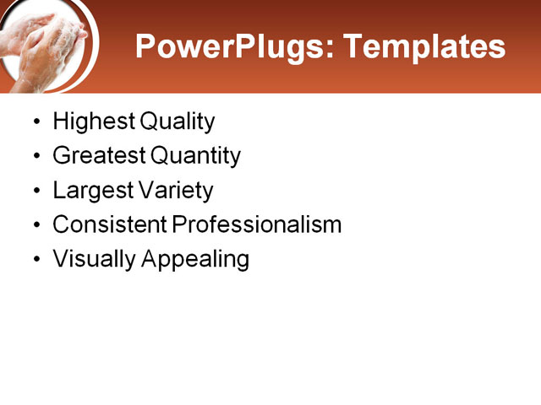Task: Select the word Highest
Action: tap(93, 122)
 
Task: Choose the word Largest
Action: tap(92, 191)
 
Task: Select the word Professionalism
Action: tap(257, 224)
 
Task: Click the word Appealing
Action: tap(195, 259)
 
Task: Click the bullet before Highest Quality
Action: tap(35, 123)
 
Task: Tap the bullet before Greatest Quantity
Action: tap(35, 157)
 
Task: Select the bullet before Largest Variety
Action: tap(35, 192)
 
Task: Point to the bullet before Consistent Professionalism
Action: tap(35, 225)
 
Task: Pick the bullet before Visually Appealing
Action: tap(35, 260)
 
